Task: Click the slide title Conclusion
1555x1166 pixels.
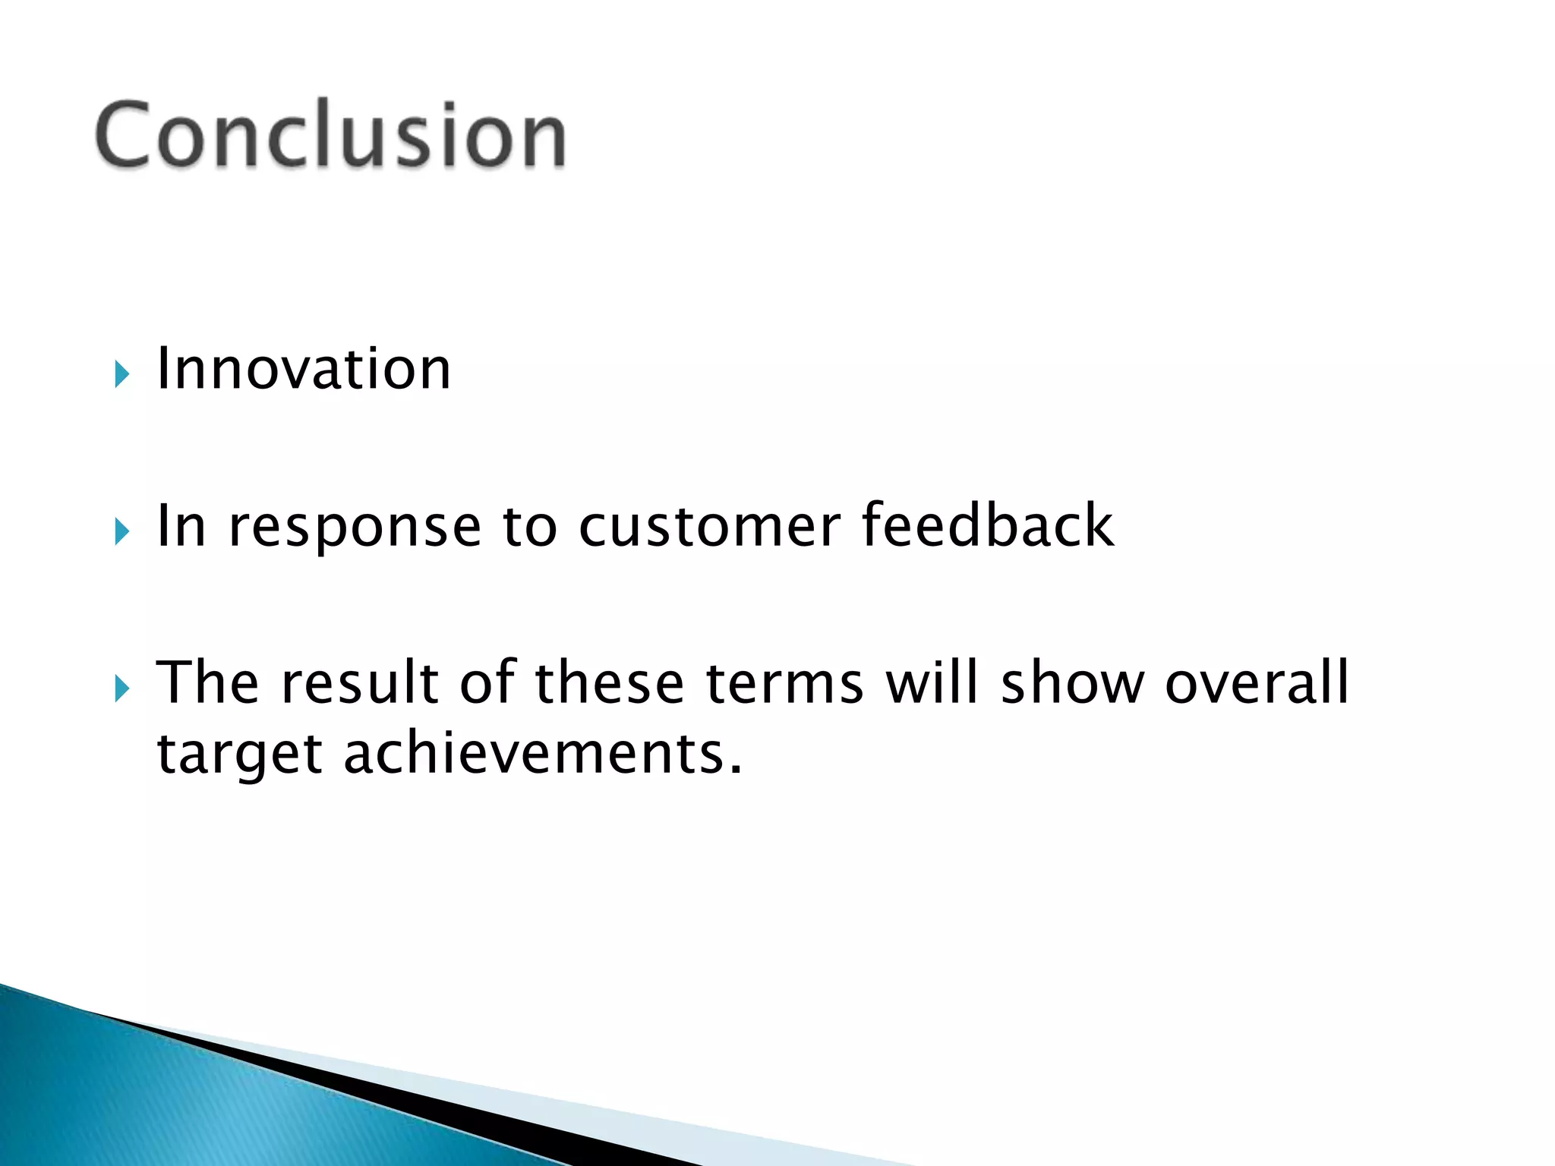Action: click(330, 135)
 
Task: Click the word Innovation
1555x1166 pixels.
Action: click(304, 370)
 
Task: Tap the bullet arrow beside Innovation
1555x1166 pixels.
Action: click(122, 374)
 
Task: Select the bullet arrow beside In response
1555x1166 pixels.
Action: click(122, 531)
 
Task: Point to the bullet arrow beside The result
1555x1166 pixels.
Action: click(122, 689)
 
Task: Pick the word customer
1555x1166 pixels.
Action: click(709, 526)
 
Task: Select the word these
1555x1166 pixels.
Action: click(610, 682)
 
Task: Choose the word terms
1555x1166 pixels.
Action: click(784, 682)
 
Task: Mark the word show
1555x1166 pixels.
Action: click(1072, 682)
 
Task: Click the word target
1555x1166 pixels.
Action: click(239, 755)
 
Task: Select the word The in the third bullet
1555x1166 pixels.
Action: click(207, 682)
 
